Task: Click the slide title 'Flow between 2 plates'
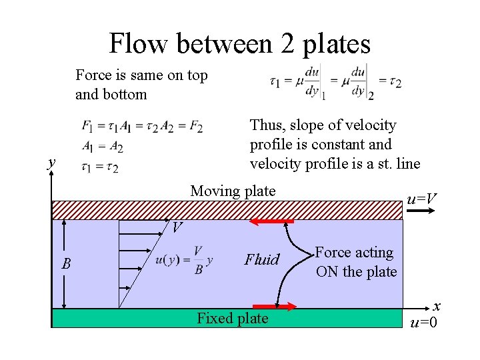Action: tap(239, 44)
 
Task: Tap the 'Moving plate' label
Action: tap(233, 191)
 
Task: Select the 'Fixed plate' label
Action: tap(233, 319)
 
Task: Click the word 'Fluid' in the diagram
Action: tap(261, 260)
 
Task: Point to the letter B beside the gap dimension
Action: tap(66, 265)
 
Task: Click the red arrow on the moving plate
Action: tap(272, 221)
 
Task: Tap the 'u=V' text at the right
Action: tap(422, 199)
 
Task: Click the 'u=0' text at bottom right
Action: tap(424, 323)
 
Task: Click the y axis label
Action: tap(51, 161)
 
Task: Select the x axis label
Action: tap(437, 306)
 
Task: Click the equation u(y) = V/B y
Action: tap(183, 260)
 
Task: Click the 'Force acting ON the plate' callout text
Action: tap(355, 262)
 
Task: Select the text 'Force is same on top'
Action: tap(141, 75)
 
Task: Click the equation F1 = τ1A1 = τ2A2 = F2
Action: tap(142, 126)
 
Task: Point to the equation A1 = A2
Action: tap(102, 147)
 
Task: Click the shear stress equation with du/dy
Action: tap(335, 81)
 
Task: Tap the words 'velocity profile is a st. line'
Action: tap(335, 163)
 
